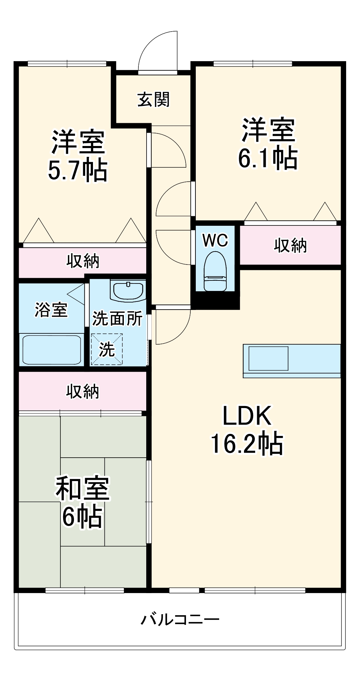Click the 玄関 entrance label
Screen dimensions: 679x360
click(153, 100)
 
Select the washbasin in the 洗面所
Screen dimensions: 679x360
click(128, 290)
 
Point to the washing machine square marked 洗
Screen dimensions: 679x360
click(107, 349)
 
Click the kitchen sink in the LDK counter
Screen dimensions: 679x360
click(268, 358)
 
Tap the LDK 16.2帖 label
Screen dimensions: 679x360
click(247, 429)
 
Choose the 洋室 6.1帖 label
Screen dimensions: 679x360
click(268, 144)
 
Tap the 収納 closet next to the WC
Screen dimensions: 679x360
click(290, 245)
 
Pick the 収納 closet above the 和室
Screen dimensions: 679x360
click(82, 391)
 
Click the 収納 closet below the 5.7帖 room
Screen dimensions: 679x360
click(82, 261)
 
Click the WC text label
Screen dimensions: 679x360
click(215, 241)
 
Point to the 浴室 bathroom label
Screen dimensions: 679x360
click(51, 310)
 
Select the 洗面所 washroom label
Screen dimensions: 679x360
click(117, 318)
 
